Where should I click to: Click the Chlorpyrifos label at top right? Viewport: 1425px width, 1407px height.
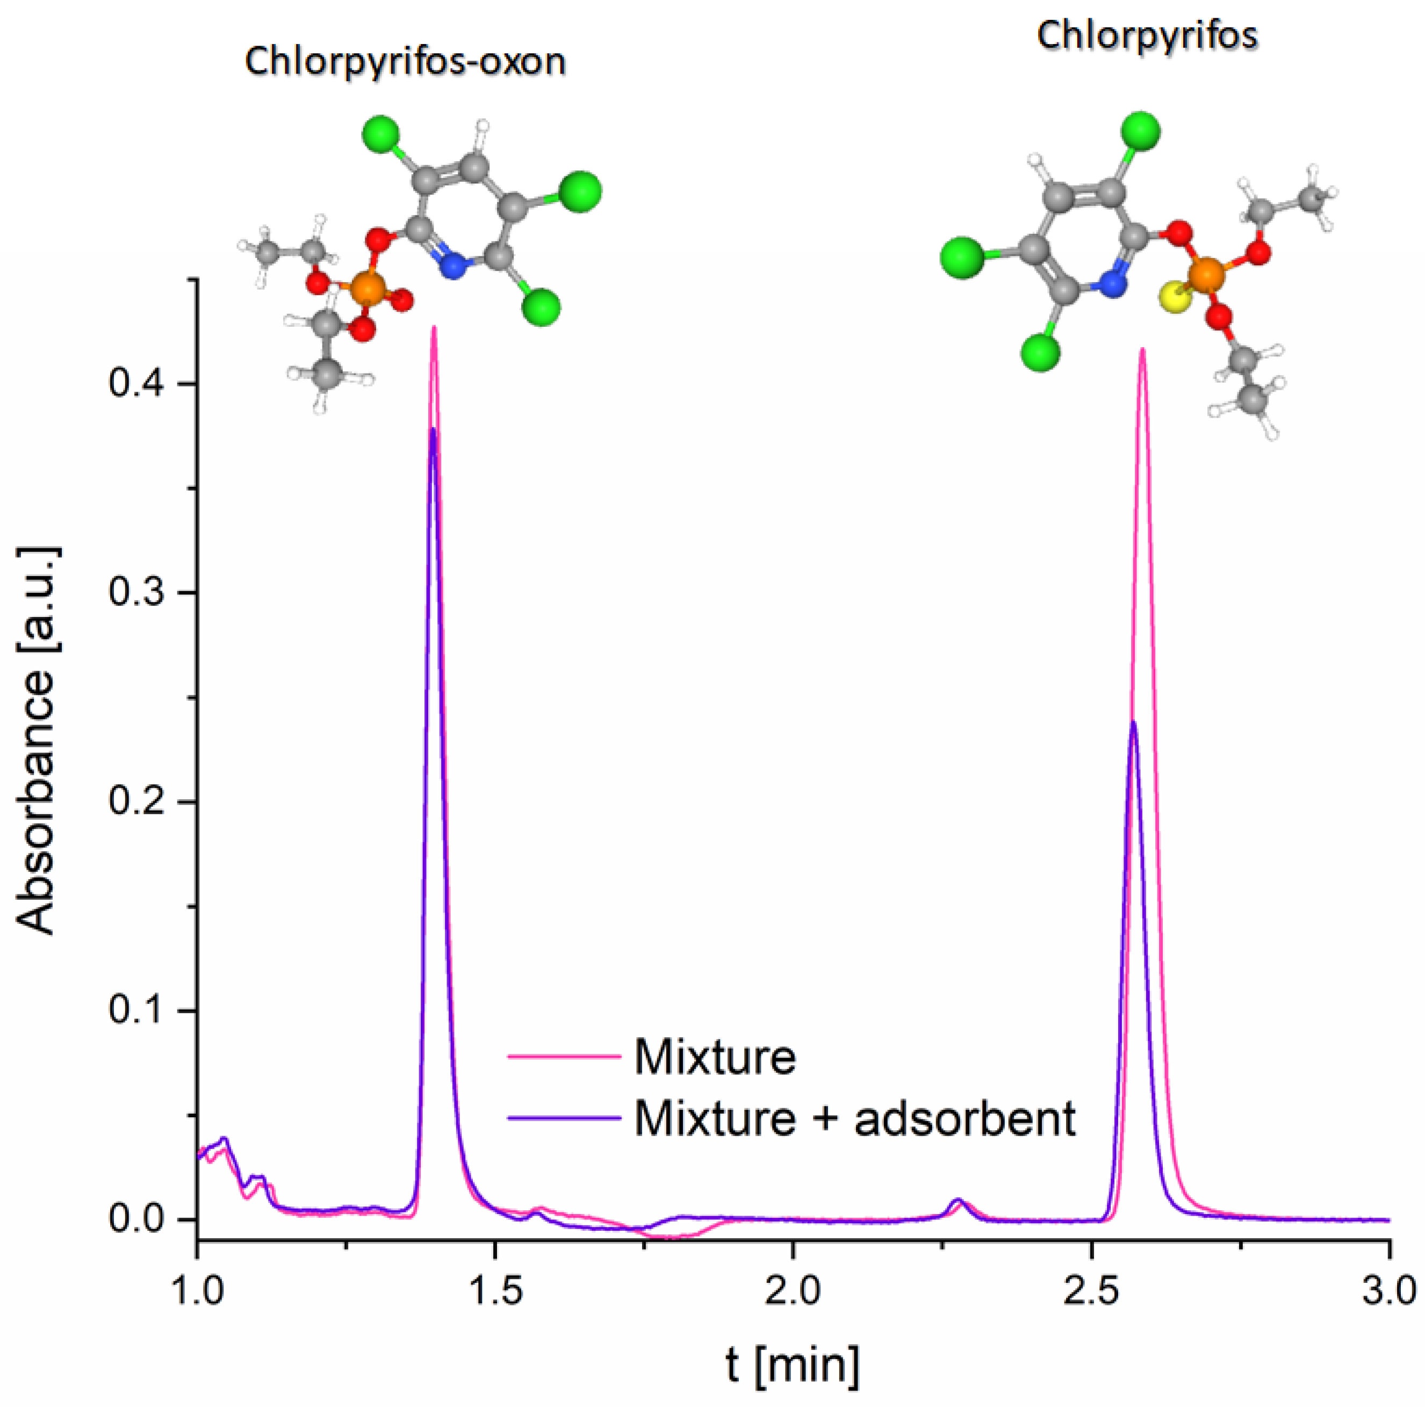[1147, 35]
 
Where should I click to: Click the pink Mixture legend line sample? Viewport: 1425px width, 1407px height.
[564, 1057]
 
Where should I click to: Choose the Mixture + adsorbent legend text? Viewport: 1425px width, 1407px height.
[855, 1118]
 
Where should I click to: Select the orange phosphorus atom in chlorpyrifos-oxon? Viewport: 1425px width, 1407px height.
[366, 288]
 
